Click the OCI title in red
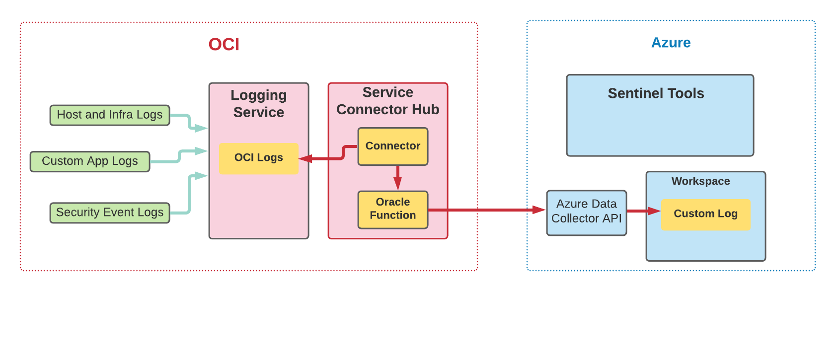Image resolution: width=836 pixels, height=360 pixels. [x=224, y=45]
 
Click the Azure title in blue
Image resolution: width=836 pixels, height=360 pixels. [x=671, y=43]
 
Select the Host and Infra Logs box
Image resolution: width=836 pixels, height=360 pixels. [x=110, y=115]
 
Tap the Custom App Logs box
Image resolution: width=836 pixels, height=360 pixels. [x=90, y=161]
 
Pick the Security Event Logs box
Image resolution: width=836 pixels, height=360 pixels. [x=110, y=213]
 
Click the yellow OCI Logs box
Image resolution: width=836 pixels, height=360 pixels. [x=259, y=158]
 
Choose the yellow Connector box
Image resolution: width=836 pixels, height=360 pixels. [x=393, y=146]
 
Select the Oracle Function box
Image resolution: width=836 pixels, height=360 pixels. [x=393, y=209]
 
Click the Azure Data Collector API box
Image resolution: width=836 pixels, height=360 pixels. [x=586, y=212]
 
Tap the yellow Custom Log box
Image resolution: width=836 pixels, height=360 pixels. [x=705, y=214]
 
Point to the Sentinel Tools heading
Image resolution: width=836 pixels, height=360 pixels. [x=656, y=93]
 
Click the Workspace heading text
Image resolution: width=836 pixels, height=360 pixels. [x=700, y=181]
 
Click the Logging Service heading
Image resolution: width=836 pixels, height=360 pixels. [x=259, y=103]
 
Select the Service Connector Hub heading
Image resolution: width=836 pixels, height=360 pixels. [x=388, y=101]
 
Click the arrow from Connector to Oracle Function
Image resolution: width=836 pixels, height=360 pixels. [x=397, y=178]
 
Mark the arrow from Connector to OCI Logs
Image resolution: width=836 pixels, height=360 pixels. [x=328, y=158]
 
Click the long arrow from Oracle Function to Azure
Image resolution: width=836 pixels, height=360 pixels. [x=487, y=210]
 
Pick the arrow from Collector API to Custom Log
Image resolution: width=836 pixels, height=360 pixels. [x=643, y=211]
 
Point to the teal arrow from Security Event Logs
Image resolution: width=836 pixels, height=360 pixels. [x=189, y=196]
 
